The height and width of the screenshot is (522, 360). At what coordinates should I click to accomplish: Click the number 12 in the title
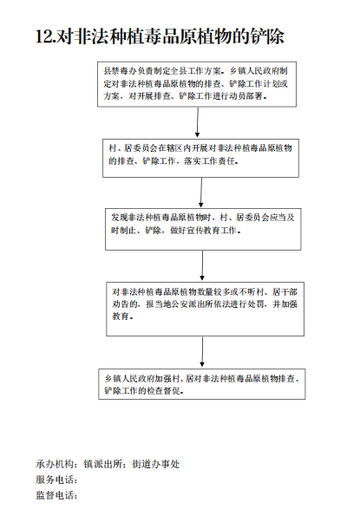[x=44, y=36]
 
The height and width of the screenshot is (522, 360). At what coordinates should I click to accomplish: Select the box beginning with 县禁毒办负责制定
[x=197, y=84]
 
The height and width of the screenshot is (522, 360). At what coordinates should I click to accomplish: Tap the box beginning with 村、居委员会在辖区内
[x=200, y=158]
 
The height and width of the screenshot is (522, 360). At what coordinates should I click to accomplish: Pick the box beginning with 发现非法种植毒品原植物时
[x=203, y=230]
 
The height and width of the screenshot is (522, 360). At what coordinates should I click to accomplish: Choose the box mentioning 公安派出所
[x=205, y=309]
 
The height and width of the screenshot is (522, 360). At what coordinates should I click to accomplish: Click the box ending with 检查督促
[x=202, y=384]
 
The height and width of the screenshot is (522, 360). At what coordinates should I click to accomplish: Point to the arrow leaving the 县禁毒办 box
[x=198, y=122]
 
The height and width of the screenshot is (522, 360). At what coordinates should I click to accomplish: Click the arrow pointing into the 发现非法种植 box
[x=200, y=192]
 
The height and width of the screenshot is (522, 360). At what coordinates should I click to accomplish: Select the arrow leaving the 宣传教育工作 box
[x=202, y=265]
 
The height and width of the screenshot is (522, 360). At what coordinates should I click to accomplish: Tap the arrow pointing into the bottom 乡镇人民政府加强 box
[x=202, y=351]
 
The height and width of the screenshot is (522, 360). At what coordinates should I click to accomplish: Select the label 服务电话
[x=56, y=480]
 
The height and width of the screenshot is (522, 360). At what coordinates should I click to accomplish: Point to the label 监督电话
[x=56, y=495]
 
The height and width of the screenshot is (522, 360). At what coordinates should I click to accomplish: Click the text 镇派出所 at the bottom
[x=103, y=464]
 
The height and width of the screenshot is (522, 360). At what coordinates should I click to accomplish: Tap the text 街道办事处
[x=156, y=464]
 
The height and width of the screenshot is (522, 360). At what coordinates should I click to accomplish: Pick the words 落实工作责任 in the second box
[x=209, y=161]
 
